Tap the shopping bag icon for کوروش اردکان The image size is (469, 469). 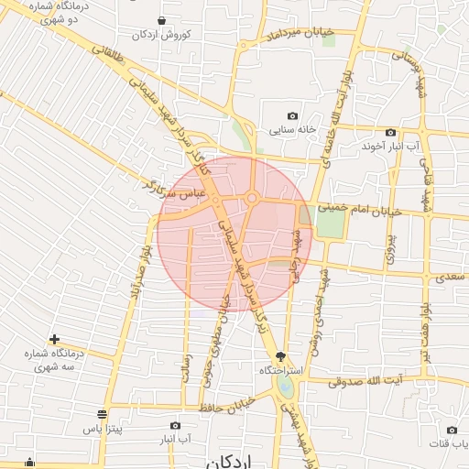tap(162, 20)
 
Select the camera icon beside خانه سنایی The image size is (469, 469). tap(292, 116)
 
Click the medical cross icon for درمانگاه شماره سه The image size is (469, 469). tap(55, 339)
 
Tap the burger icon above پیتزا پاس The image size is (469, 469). tap(102, 414)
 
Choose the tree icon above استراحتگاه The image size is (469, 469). tap(280, 356)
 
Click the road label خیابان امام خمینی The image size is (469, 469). tap(360, 210)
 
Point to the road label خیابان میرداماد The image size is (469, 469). tap(300, 36)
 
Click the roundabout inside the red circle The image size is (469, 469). tap(251, 198)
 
